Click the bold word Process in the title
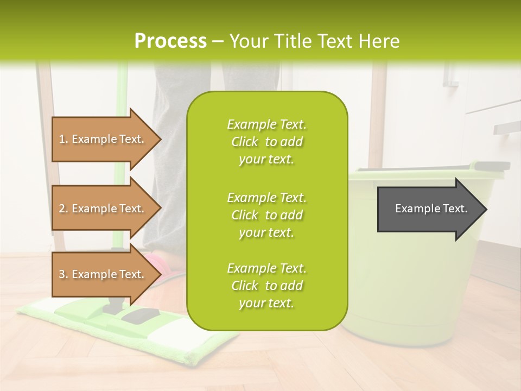click(x=170, y=41)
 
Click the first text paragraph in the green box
click(x=266, y=142)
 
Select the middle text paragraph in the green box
click(x=266, y=215)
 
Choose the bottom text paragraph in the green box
click(x=266, y=286)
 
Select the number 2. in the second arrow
click(x=63, y=209)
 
